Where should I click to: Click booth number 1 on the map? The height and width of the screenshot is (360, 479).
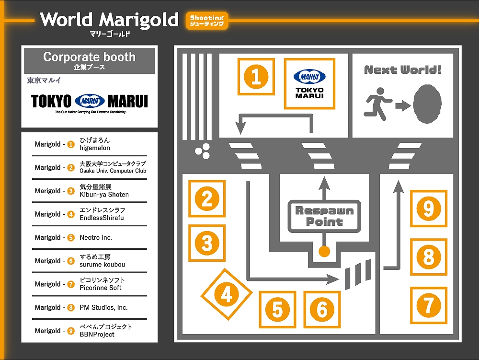[x=256, y=77]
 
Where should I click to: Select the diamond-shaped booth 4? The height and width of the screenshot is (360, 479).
[x=226, y=294]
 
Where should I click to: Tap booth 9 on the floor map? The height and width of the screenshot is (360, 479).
[x=429, y=208]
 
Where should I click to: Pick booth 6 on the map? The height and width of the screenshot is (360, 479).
[x=322, y=309]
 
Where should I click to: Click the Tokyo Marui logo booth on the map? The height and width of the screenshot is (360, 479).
[x=309, y=83]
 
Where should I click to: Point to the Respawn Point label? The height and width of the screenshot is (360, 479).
[x=324, y=216]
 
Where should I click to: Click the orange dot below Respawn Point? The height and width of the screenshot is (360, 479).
[x=325, y=251]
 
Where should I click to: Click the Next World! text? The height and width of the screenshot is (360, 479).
[x=403, y=70]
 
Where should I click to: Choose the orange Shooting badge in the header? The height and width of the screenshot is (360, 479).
[x=207, y=21]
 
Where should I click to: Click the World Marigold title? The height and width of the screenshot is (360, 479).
[x=109, y=20]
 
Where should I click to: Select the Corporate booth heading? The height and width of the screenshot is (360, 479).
[x=90, y=60]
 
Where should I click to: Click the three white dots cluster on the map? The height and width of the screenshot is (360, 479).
[x=203, y=151]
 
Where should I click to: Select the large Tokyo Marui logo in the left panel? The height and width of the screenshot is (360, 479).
[x=90, y=101]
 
